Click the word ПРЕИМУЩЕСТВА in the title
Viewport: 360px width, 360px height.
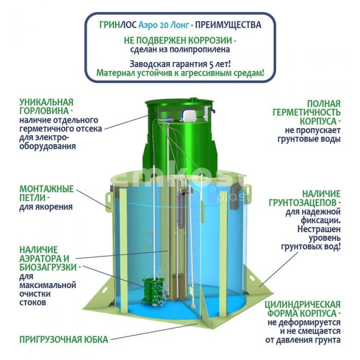tap(228, 25)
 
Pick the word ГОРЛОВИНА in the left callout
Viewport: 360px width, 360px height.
tap(44, 111)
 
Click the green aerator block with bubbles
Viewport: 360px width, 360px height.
tap(153, 291)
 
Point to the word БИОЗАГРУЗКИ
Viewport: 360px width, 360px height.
tap(48, 267)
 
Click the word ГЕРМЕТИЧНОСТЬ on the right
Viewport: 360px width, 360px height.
tap(307, 113)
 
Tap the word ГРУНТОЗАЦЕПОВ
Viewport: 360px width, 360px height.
tap(302, 203)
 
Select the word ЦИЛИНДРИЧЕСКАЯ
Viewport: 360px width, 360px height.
tap(302, 304)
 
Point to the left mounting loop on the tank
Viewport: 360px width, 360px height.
tap(109, 200)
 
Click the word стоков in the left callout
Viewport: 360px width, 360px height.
tap(32, 302)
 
